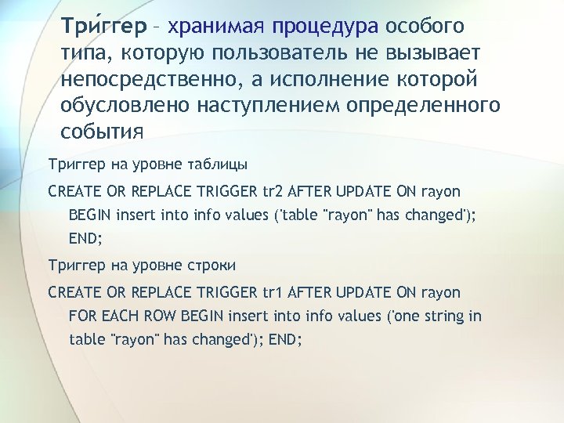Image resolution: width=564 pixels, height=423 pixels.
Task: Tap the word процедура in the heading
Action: point(325,27)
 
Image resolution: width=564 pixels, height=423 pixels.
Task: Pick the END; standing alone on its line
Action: point(85,239)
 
